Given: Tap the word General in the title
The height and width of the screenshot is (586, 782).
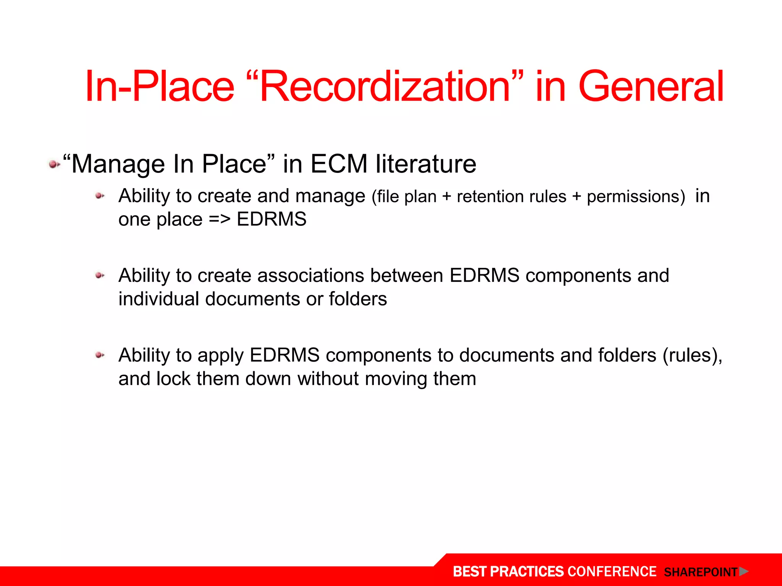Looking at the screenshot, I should (x=651, y=87).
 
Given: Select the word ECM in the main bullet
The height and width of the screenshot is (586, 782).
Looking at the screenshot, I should (x=339, y=164).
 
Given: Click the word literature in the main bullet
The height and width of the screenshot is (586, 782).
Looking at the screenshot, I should (x=426, y=164).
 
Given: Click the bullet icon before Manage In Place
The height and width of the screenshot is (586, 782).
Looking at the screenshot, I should (x=54, y=165).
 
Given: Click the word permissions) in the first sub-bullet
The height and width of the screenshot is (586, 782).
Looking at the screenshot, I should (x=636, y=197).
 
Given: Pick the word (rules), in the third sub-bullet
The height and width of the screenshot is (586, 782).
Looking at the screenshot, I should (x=692, y=356).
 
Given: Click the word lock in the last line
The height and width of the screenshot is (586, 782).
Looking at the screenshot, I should (x=173, y=379).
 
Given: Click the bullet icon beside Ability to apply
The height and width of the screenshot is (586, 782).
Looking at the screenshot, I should (x=100, y=355).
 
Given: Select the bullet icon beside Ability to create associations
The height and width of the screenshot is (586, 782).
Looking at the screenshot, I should (x=100, y=275).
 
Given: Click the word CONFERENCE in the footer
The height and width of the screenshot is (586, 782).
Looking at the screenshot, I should (x=612, y=572).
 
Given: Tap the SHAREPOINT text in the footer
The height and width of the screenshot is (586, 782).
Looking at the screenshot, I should (x=700, y=572).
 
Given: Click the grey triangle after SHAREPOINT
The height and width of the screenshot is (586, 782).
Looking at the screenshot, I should (x=743, y=572).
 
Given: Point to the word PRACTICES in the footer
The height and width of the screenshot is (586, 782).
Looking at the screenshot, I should (x=526, y=572).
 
